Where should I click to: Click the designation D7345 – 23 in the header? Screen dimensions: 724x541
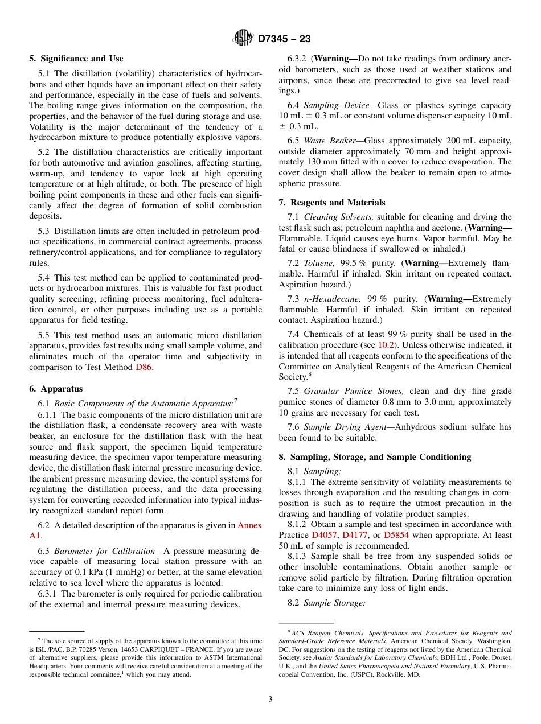click(284, 39)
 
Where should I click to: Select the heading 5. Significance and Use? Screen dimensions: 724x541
click(76, 59)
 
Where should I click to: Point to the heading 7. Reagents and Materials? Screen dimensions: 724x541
click(331, 203)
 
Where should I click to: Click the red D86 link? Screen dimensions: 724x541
click(144, 367)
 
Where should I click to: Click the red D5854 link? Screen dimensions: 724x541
click(397, 535)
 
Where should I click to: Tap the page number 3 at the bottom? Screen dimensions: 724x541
click(270, 700)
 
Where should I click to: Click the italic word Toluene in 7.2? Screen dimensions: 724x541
click(319, 263)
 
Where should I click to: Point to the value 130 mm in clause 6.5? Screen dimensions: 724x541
click(312, 162)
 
